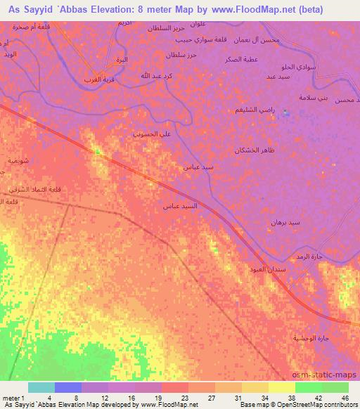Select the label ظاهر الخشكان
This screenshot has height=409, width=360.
coord(254,150)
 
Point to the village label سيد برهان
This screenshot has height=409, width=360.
coord(285,223)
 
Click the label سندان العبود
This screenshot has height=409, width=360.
coord(266,269)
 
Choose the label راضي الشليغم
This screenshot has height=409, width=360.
coord(255,110)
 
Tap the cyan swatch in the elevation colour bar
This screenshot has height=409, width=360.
coord(41,387)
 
